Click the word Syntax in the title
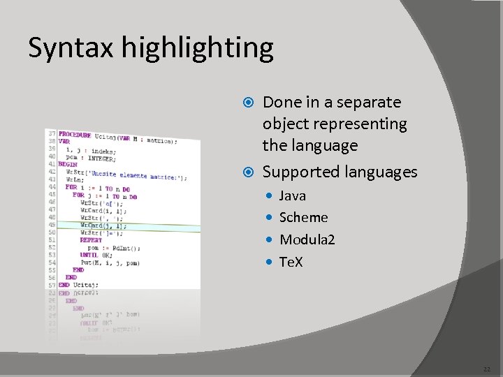tap(71, 48)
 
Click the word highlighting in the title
tap(198, 48)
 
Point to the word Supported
tap(299, 172)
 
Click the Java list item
tap(293, 195)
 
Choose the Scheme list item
tap(303, 217)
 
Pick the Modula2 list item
tap(307, 239)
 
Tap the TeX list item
tap(291, 262)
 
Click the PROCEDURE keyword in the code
tap(75, 134)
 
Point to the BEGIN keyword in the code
tap(68, 164)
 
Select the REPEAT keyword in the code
tap(91, 240)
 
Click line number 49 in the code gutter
tap(51, 225)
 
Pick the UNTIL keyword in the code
tap(89, 255)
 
